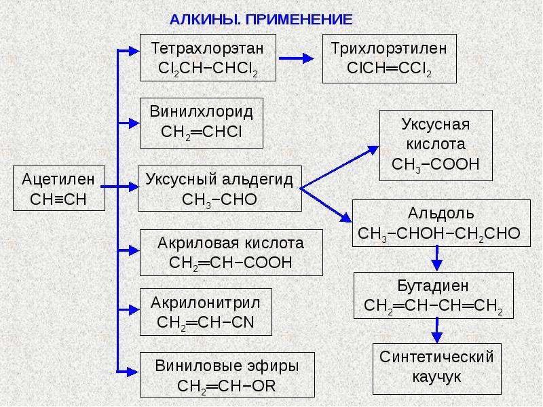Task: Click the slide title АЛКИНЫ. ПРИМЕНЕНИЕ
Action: (x=261, y=20)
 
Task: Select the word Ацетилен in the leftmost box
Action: (x=58, y=179)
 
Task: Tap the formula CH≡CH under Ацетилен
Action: (x=58, y=199)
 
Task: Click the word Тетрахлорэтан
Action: (x=208, y=48)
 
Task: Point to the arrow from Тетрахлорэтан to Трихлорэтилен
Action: (x=296, y=58)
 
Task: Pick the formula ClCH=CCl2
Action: (x=389, y=69)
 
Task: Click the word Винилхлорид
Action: (x=201, y=112)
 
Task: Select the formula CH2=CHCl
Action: (x=201, y=132)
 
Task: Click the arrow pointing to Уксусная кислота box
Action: (x=339, y=167)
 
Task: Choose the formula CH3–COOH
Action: (x=436, y=164)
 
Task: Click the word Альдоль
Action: (x=441, y=213)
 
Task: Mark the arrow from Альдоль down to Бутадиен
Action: (x=436, y=258)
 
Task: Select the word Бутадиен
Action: (x=433, y=286)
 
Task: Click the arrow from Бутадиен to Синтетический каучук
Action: (x=436, y=330)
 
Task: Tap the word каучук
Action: (x=436, y=376)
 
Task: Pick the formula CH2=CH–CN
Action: (x=206, y=323)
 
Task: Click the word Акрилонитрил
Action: (x=206, y=303)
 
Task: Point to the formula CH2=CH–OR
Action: (x=227, y=387)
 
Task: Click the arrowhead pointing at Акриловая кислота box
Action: (x=134, y=250)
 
